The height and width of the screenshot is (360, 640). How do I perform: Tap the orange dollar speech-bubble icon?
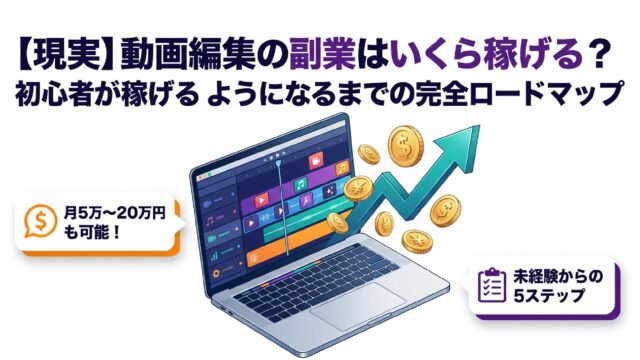tap(40, 221)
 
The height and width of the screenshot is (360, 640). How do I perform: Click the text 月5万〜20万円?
tap(115, 213)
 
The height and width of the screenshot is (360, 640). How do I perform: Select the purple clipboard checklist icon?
tap(492, 285)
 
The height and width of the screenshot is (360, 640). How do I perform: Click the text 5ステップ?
tap(548, 296)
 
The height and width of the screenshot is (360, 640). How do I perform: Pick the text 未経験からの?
tap(558, 277)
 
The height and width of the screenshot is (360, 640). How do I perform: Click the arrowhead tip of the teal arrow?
tap(479, 126)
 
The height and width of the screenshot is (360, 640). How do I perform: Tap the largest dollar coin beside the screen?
tap(406, 145)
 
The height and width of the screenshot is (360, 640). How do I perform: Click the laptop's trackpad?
tap(358, 304)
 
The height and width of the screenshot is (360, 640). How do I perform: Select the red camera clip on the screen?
tap(316, 161)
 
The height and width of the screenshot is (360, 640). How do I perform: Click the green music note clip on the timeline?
tap(300, 184)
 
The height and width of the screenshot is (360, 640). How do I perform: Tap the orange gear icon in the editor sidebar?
tap(216, 273)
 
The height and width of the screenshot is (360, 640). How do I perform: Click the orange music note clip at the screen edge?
tap(342, 167)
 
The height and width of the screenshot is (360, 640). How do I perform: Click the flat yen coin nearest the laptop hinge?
tap(358, 189)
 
